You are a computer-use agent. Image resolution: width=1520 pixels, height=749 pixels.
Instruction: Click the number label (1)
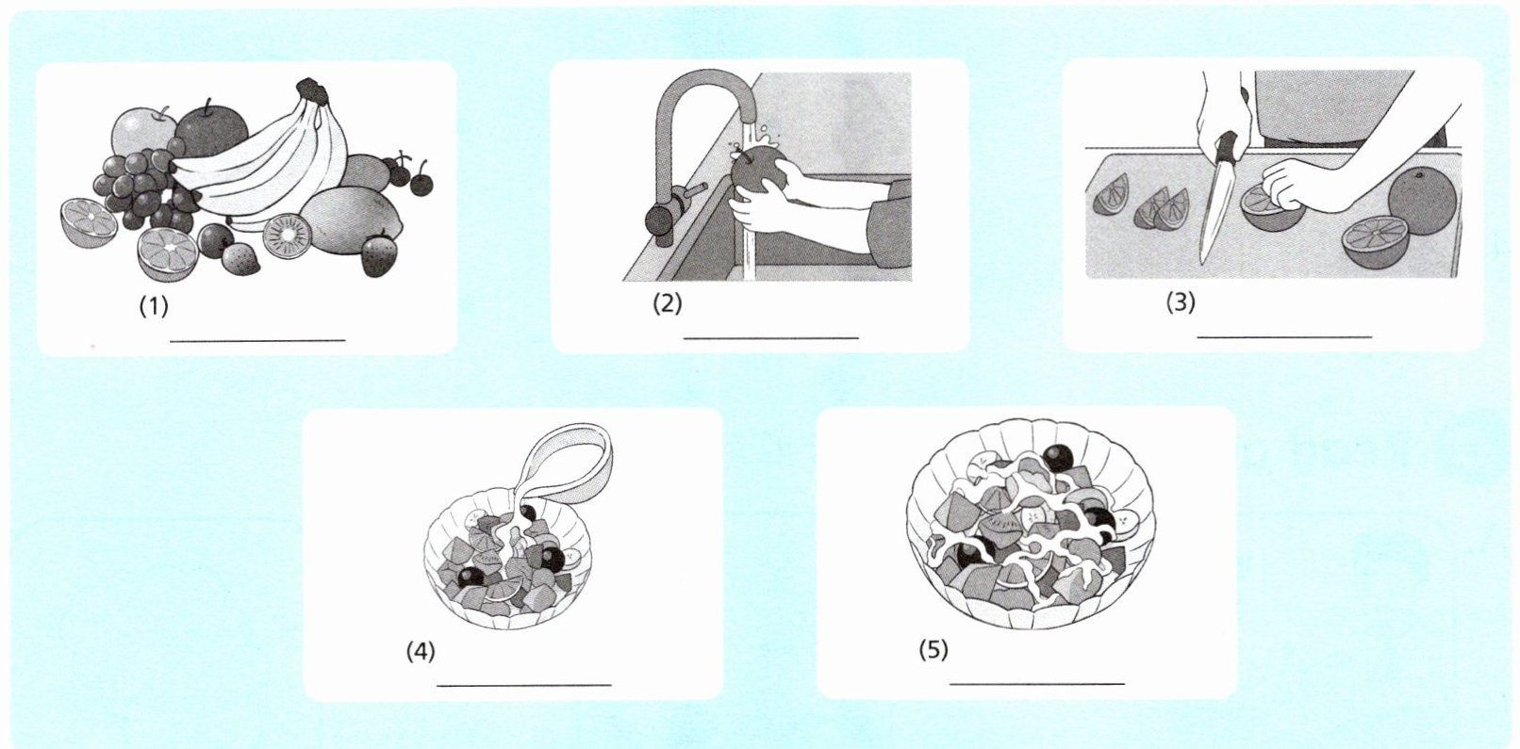click(x=154, y=307)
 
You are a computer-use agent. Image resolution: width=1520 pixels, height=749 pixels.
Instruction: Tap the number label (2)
click(x=667, y=303)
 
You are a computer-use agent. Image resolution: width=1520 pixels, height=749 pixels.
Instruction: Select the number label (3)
click(x=1181, y=302)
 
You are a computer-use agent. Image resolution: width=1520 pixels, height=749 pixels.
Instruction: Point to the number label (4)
click(x=420, y=651)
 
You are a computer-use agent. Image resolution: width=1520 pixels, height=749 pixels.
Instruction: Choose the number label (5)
click(x=933, y=650)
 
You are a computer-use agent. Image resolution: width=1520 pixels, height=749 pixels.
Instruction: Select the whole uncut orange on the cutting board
click(x=1422, y=202)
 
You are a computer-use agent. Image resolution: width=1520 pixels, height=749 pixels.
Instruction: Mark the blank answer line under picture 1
click(x=257, y=340)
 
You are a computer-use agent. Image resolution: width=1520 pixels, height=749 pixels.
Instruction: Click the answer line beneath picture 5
click(x=1037, y=684)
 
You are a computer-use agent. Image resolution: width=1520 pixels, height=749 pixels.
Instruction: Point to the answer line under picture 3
click(x=1284, y=336)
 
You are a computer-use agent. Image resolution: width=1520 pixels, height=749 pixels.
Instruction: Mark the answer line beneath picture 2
click(x=771, y=337)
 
